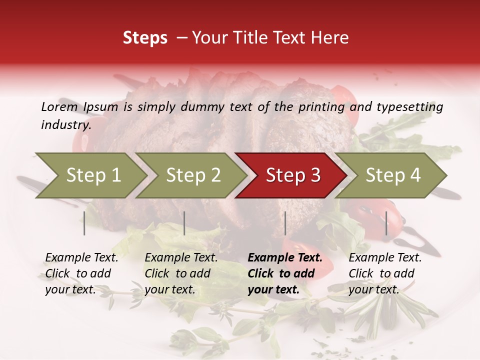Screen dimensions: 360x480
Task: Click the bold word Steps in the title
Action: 145,38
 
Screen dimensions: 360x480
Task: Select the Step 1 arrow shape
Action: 90,175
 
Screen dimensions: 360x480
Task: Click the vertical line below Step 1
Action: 84,223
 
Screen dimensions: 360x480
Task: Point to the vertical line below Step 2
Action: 184,223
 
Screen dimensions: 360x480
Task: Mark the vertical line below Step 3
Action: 285,223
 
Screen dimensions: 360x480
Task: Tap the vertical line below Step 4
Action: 386,223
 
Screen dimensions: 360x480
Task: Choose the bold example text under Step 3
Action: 284,273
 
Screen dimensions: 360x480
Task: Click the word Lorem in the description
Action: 59,106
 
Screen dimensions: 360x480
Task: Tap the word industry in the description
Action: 66,125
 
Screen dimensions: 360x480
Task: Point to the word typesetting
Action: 409,107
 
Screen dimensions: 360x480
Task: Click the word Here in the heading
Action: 329,38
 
